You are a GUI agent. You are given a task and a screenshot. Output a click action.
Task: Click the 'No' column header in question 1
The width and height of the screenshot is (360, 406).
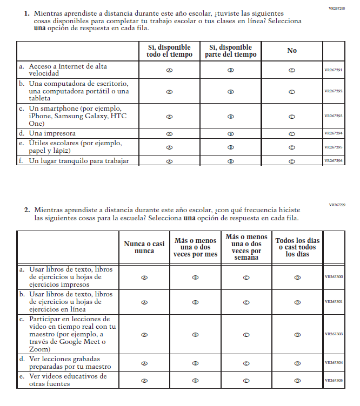coord(292,51)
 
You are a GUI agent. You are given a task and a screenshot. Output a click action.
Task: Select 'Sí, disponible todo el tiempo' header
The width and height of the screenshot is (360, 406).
coord(169,51)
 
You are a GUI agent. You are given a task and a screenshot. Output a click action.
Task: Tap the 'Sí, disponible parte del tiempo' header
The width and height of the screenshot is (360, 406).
coord(231,51)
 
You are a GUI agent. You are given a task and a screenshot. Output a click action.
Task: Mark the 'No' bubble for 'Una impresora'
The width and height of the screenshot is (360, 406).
coord(292,133)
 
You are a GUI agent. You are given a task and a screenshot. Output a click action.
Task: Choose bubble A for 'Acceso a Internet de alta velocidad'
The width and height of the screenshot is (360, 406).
coord(169,70)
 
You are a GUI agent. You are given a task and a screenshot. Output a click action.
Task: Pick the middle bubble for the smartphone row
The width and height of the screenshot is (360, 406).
coord(231,116)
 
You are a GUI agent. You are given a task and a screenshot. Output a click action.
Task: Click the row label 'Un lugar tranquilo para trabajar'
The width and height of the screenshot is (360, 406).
coord(79,160)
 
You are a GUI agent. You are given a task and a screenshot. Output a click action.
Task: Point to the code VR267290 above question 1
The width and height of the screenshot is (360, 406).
coord(337,9)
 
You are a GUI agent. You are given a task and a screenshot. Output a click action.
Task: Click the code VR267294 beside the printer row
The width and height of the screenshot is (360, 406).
coord(334,133)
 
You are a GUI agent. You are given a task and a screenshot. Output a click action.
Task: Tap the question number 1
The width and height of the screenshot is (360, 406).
coord(26,12)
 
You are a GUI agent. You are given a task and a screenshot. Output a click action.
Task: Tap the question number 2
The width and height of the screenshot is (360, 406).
coord(26,209)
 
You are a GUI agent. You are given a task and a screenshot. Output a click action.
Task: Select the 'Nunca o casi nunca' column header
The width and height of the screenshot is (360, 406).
coord(144,247)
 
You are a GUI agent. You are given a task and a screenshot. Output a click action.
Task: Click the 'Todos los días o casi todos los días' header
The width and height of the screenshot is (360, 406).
coord(297,247)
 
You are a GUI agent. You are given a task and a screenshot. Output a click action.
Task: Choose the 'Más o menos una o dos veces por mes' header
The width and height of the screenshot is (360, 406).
coord(196,247)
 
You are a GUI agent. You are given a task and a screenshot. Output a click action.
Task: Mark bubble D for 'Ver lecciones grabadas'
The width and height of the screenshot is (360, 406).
coord(297,363)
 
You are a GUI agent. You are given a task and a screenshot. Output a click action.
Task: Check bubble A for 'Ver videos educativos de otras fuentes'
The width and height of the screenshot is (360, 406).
coord(144,380)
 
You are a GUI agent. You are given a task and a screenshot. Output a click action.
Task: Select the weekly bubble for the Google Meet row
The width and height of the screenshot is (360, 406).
coord(246,335)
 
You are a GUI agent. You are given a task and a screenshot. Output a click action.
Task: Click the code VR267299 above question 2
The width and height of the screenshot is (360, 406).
coord(337,205)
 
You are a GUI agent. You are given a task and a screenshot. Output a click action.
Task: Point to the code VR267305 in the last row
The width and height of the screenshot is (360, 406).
coord(334,380)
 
